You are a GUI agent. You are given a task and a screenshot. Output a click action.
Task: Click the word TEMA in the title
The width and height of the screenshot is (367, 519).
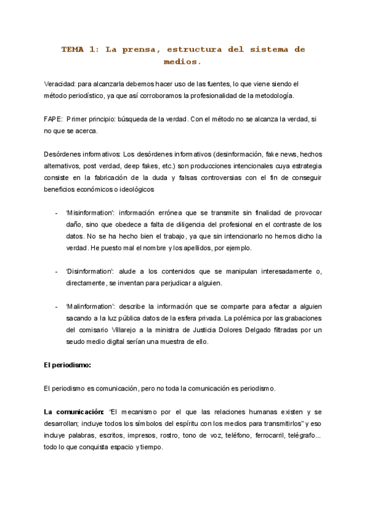74,49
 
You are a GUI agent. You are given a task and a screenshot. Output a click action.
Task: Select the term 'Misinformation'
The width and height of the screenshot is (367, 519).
90,212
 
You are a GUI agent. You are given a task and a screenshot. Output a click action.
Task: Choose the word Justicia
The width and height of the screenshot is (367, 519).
198,329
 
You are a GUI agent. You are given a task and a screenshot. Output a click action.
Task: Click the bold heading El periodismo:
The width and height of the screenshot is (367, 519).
67,365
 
